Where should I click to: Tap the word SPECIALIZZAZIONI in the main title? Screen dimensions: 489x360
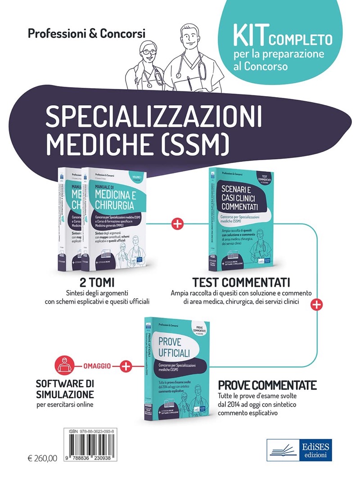[x=154, y=116]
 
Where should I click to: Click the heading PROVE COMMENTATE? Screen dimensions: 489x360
[x=267, y=386]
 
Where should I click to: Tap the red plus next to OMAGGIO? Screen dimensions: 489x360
[x=126, y=367]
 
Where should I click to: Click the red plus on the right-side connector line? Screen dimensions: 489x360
[x=317, y=305]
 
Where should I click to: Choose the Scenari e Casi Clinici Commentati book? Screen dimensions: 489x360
[x=238, y=220]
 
